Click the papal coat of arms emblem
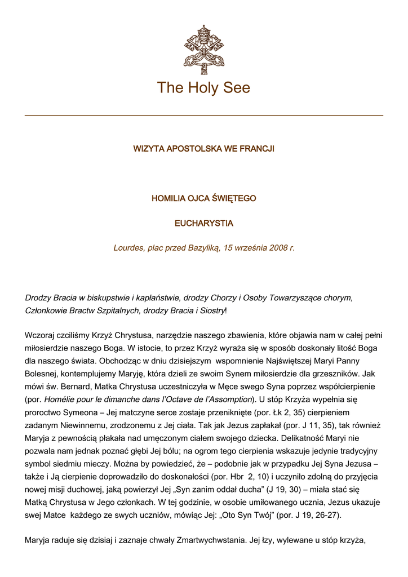click(x=203, y=50)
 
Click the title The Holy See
click(x=203, y=88)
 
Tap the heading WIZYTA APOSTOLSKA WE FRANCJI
click(x=203, y=149)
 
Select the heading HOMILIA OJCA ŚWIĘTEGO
click(x=203, y=198)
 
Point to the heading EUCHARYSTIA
click(x=203, y=223)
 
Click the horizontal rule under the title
click(x=203, y=116)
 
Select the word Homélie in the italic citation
click(x=61, y=399)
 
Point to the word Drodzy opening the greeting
click(x=38, y=297)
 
